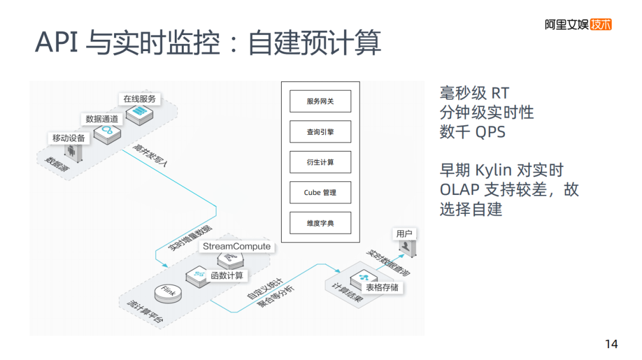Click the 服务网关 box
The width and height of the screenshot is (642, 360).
pos(320,102)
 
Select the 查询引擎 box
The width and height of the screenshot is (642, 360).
pos(320,132)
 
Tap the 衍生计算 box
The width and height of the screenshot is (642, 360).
pos(320,162)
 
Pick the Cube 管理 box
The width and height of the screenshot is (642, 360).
pos(320,192)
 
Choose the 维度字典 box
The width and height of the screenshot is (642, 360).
pos(320,223)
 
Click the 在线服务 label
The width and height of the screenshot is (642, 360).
pos(139,99)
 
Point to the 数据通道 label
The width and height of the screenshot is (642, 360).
pos(102,119)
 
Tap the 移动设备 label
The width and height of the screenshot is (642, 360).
pos(69,138)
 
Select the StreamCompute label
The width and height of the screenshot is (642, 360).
pos(237,246)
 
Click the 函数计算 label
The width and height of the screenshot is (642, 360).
pos(227,276)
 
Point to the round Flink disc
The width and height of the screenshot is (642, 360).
pos(168,293)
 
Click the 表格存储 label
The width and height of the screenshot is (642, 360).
pos(382,288)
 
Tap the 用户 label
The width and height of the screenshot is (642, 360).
pos(404,234)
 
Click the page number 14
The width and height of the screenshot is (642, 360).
pos(611,344)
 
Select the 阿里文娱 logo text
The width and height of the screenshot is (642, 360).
pos(567,24)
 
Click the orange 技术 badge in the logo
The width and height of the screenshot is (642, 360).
pos(602,24)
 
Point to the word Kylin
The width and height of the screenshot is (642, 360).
pos(493,170)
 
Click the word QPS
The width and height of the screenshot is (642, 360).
pos(490,132)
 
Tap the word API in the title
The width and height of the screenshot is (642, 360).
pos(57,43)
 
